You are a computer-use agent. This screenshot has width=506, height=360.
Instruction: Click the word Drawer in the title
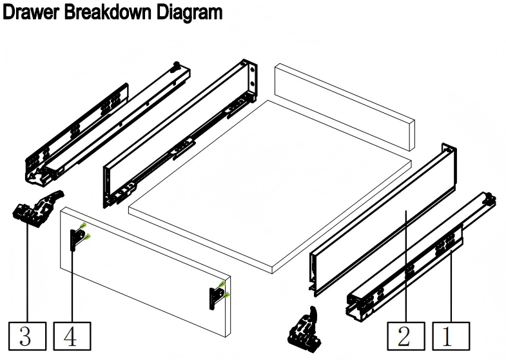(x=31, y=12)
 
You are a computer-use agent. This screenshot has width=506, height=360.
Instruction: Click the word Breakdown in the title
(x=108, y=12)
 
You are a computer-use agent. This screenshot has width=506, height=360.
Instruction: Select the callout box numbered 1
(x=451, y=336)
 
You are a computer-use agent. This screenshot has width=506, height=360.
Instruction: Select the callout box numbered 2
(x=406, y=336)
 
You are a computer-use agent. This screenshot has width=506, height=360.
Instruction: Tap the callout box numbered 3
(x=28, y=335)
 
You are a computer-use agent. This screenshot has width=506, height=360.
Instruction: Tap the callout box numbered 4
(x=72, y=335)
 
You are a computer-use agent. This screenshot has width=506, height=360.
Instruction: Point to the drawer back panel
(x=345, y=106)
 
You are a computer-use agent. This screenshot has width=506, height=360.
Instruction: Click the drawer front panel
(x=145, y=271)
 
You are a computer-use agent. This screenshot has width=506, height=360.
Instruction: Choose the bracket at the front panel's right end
(x=216, y=297)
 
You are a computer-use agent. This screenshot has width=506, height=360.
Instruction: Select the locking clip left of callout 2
(x=305, y=332)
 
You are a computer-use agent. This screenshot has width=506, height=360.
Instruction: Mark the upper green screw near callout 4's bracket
(x=84, y=225)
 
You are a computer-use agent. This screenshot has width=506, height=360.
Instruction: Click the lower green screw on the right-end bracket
(x=226, y=294)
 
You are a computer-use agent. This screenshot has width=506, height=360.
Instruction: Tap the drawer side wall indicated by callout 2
(x=382, y=219)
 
